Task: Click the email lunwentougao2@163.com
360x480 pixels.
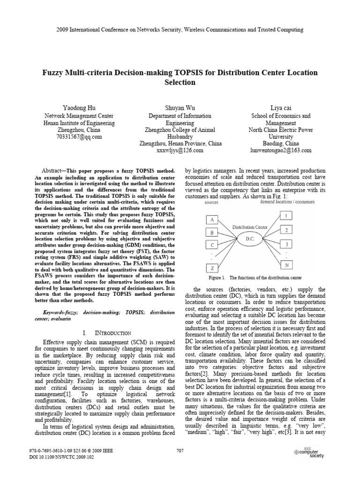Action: click(281, 150)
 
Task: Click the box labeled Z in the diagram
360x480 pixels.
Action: click(213, 268)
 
